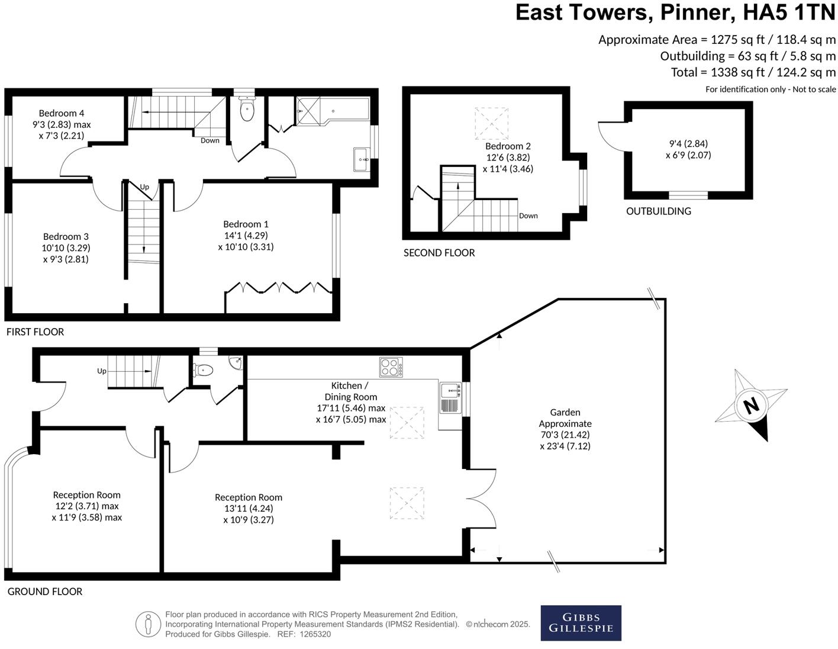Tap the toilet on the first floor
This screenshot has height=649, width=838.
[247, 110]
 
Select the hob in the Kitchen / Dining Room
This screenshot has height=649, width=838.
[391, 367]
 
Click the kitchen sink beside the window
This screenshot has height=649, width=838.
[451, 391]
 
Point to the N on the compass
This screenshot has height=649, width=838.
[751, 406]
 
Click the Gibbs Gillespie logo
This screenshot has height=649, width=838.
[581, 622]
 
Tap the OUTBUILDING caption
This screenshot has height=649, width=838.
[658, 211]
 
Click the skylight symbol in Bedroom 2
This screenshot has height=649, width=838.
[492, 123]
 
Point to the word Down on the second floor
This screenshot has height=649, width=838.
[528, 216]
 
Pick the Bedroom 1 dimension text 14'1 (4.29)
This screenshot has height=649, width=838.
[246, 236]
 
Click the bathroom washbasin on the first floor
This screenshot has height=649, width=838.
[361, 159]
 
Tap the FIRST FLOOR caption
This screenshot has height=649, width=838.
[35, 332]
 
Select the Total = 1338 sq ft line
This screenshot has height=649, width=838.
[753, 72]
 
